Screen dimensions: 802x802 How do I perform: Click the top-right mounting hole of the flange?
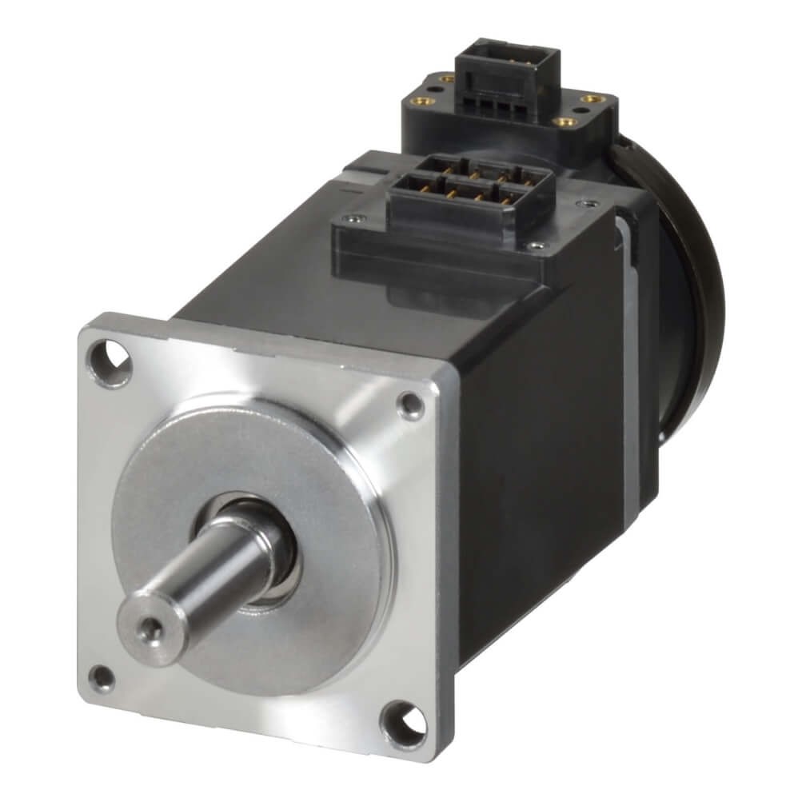[x=411, y=405]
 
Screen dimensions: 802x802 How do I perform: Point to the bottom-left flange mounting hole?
[x=102, y=678]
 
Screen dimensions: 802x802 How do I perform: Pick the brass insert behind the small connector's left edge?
[x=445, y=80]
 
